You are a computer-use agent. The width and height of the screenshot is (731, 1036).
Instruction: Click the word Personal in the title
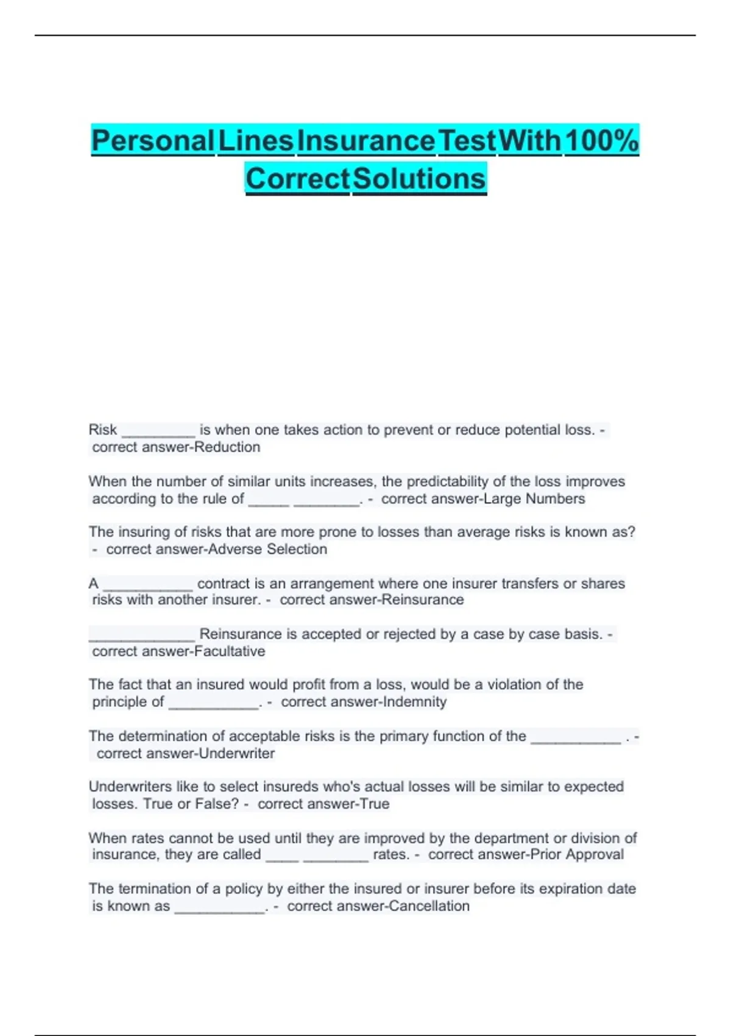152,141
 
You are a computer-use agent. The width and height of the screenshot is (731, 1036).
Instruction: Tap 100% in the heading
601,141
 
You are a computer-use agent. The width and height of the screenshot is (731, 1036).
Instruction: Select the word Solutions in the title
419,179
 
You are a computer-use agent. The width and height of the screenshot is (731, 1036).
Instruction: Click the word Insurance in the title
366,141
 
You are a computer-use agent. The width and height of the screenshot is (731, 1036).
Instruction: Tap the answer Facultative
230,651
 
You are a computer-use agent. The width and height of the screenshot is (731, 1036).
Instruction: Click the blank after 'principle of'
213,704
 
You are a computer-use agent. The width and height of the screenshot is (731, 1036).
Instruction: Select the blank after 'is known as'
219,909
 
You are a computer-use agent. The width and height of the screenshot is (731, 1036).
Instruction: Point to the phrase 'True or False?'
191,804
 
